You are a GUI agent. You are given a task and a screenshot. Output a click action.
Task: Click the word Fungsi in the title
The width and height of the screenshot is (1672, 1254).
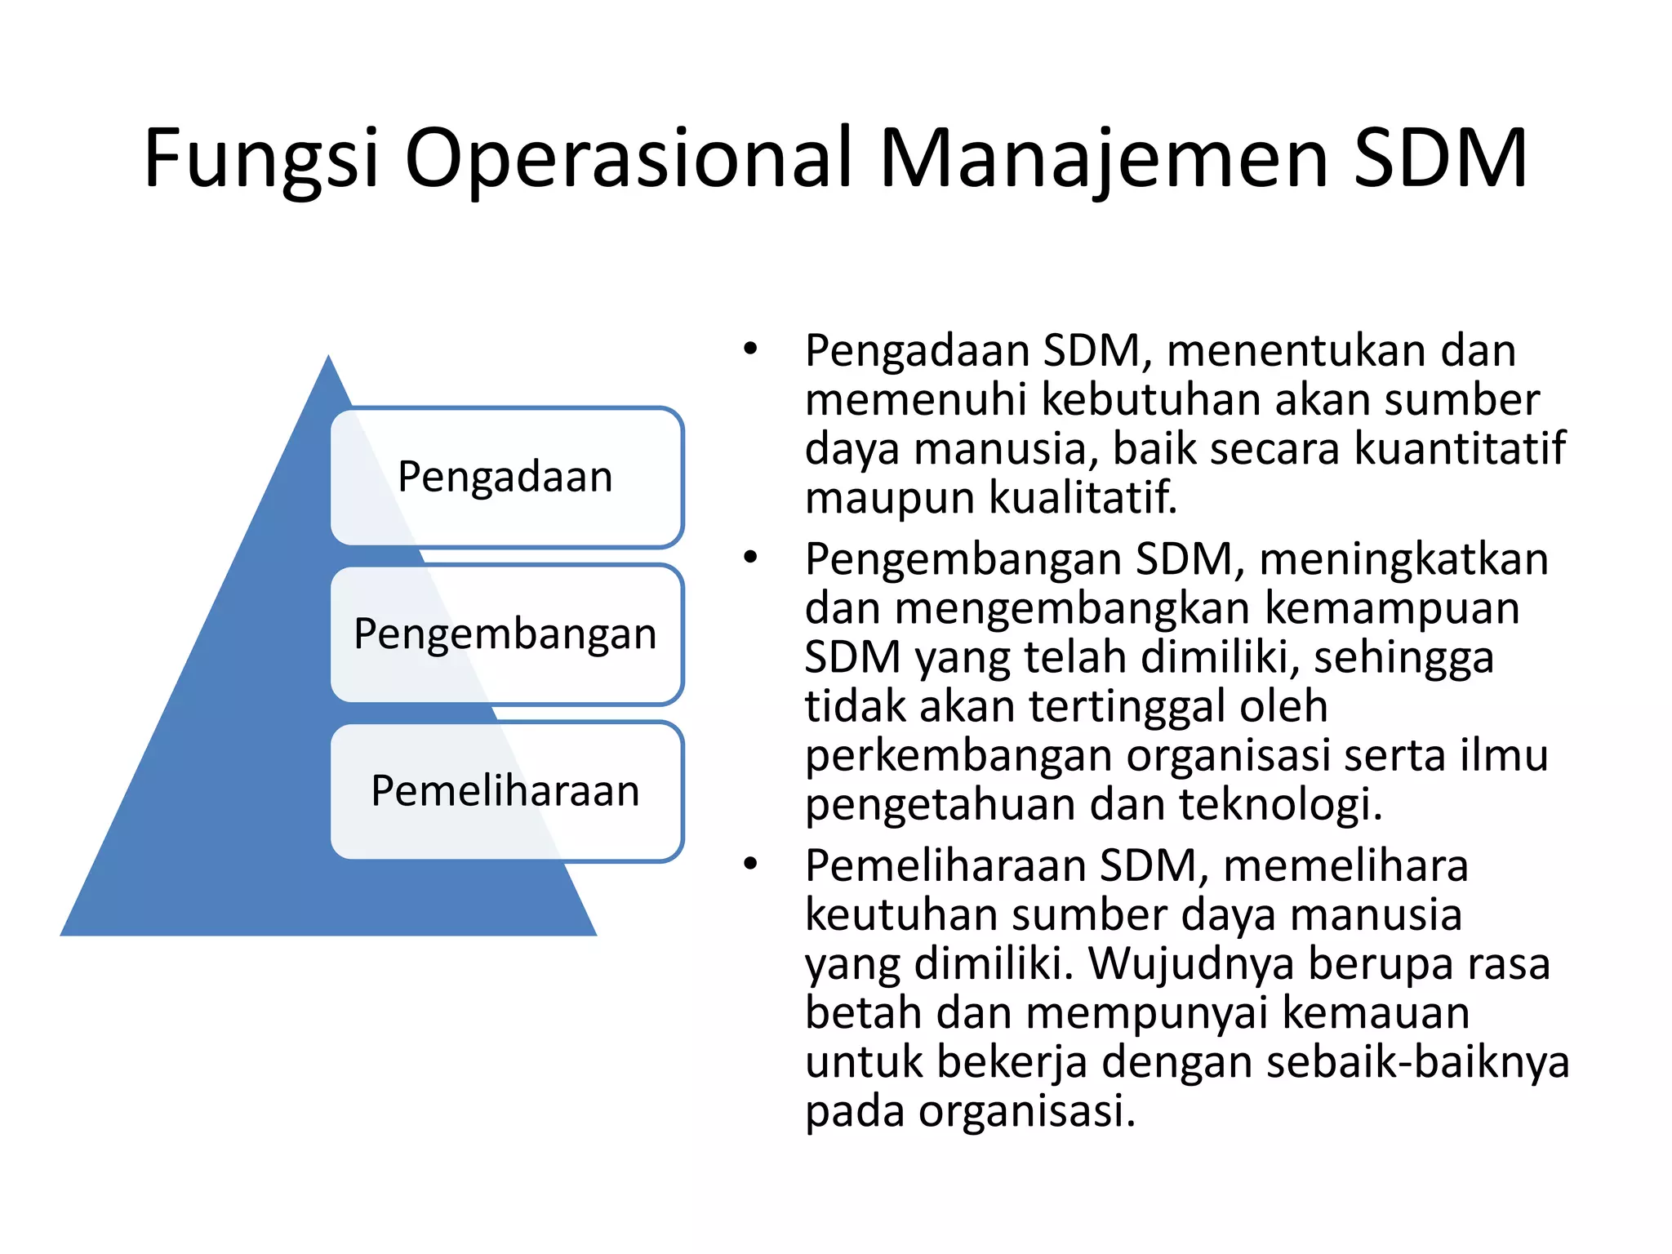261,159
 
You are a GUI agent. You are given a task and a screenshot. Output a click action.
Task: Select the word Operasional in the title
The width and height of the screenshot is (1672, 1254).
629,159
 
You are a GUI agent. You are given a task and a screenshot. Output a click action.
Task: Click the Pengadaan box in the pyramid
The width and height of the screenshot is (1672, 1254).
505,477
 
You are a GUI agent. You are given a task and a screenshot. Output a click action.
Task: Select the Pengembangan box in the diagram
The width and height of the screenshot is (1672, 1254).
505,634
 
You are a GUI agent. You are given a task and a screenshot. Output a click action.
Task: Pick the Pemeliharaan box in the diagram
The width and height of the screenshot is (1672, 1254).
505,791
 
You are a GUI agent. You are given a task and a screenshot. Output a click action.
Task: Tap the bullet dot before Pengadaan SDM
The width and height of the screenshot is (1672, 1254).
750,350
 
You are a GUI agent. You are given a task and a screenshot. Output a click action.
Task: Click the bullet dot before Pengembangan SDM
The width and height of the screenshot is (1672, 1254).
750,558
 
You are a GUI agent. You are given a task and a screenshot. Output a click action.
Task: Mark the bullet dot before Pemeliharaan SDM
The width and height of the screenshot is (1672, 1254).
750,865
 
